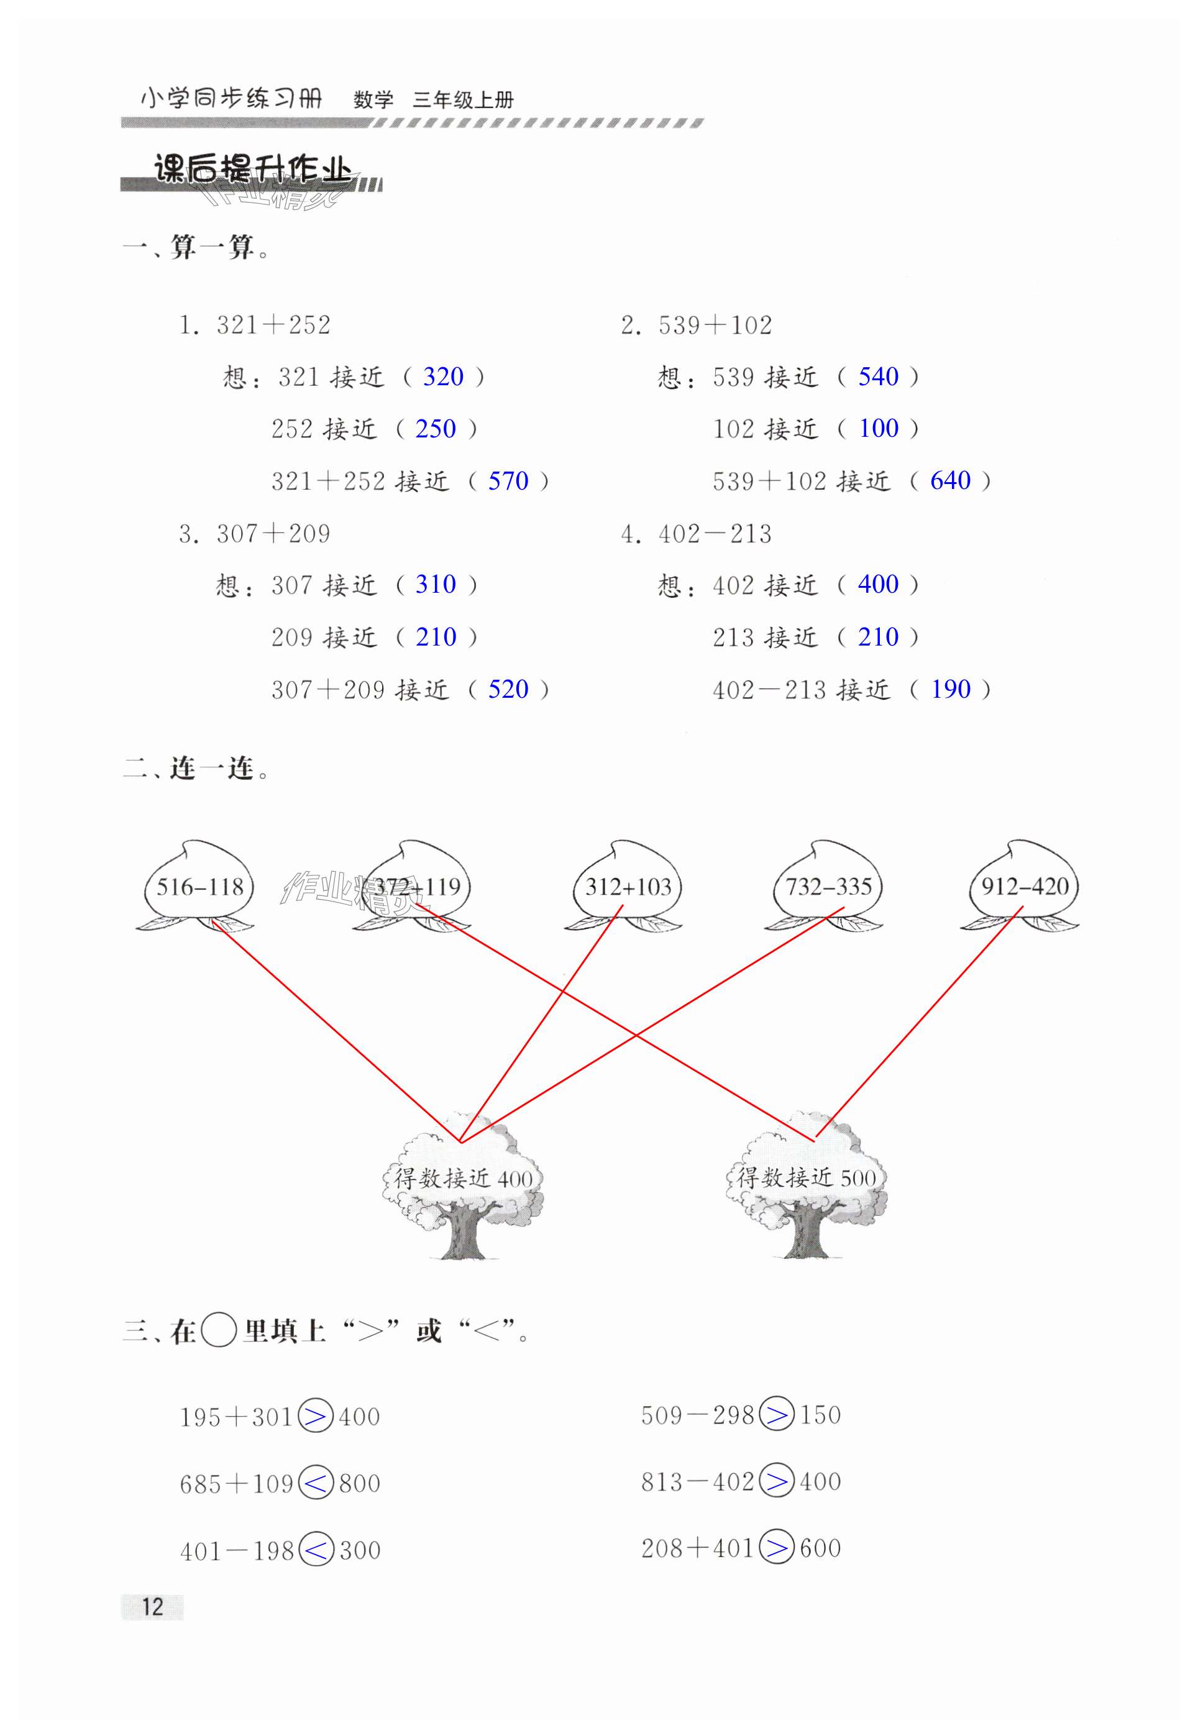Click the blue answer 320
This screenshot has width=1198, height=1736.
pyautogui.click(x=443, y=377)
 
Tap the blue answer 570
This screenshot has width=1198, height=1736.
pyautogui.click(x=508, y=481)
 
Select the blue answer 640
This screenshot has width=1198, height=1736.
pyautogui.click(x=950, y=480)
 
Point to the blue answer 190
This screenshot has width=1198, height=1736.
pyautogui.click(x=950, y=689)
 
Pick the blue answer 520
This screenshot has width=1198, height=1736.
pyautogui.click(x=508, y=689)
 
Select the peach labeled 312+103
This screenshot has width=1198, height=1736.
pyautogui.click(x=628, y=887)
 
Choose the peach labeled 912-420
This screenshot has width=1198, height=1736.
pyautogui.click(x=1025, y=887)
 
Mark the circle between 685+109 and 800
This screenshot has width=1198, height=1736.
pyautogui.click(x=316, y=1483)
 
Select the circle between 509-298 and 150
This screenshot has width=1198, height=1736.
pyautogui.click(x=776, y=1415)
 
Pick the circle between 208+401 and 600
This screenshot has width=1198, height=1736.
pyautogui.click(x=776, y=1548)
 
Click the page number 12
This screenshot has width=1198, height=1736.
pyautogui.click(x=152, y=1606)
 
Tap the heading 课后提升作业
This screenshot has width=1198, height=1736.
pyautogui.click(x=252, y=170)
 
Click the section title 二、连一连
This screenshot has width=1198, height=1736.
pyautogui.click(x=197, y=769)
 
